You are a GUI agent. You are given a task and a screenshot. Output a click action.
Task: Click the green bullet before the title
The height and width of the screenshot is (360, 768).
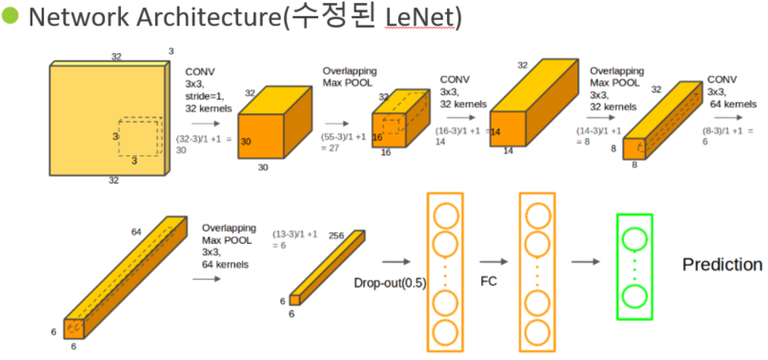(10, 18)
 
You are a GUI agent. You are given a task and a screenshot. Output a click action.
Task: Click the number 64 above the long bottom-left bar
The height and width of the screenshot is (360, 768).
(135, 230)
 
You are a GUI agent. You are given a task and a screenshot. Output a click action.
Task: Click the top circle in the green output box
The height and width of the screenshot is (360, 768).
(635, 237)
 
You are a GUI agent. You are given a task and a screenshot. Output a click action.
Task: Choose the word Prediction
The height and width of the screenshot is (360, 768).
(721, 265)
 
